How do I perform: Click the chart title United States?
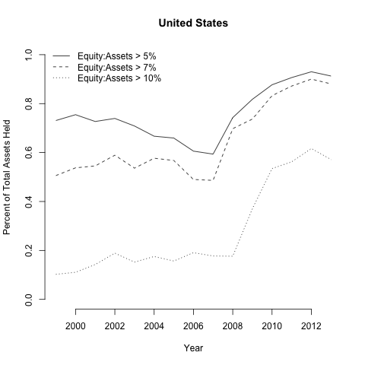coord(193,23)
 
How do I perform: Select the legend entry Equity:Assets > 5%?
coord(116,56)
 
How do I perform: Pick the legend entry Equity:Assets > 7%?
coord(116,68)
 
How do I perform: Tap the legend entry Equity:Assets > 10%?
coord(119,78)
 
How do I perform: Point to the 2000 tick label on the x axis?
coord(75,326)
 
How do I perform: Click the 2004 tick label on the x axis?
coord(154,326)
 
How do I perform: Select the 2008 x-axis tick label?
coord(233,326)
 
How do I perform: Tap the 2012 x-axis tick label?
coord(311,326)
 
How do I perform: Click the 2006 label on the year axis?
coord(193,326)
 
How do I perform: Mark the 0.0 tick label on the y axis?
coord(29,300)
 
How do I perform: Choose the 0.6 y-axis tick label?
coord(29,153)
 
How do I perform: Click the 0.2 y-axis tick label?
coord(29,250)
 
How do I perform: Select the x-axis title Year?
coord(193,348)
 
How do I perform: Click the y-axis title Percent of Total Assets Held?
coord(7,177)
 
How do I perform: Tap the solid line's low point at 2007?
coord(213,154)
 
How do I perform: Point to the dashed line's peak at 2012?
coord(311,79)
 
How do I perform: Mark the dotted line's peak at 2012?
coord(311,148)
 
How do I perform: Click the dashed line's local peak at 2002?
coord(115,155)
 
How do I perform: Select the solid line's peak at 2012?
coord(311,71)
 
